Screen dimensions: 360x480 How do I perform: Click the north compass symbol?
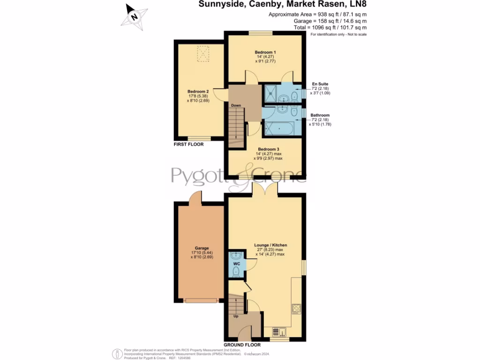[x=135, y=17]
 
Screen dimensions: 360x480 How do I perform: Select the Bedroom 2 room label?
[x=198, y=91]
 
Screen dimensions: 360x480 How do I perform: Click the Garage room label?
[x=202, y=248]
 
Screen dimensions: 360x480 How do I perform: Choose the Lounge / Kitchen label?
[x=270, y=245]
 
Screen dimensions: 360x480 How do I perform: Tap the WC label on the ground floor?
[x=237, y=264]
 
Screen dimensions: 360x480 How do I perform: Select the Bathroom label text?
[x=320, y=115]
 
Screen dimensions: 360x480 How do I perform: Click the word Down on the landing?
[x=236, y=105]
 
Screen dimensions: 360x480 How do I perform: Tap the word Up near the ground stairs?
[x=237, y=316]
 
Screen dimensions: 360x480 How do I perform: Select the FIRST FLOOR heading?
[x=188, y=145]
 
